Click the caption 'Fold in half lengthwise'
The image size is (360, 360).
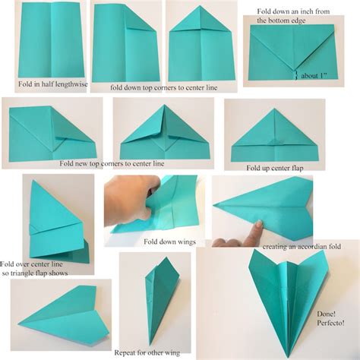click(x=49, y=84)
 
